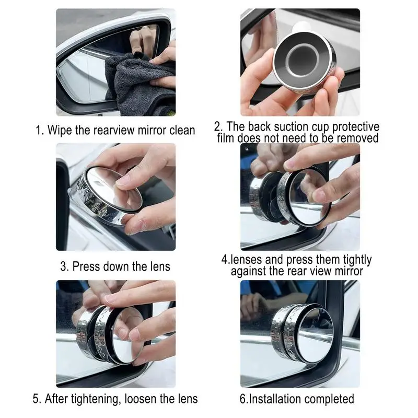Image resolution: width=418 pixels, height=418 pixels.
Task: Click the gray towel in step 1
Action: coord(138,85)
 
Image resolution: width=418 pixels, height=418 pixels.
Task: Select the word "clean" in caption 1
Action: coord(182,130)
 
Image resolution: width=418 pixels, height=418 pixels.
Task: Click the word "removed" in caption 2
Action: coord(357,138)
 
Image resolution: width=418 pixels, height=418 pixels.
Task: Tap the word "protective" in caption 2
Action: coord(356,127)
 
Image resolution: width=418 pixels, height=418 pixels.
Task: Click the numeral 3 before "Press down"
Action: coord(64,266)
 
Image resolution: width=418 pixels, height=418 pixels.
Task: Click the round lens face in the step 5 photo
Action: coord(127,336)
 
